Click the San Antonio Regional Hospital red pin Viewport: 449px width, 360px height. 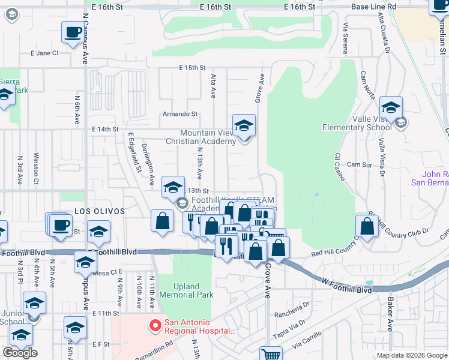[155, 326]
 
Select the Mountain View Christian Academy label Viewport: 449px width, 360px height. [208, 137]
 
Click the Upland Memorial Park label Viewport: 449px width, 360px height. [187, 290]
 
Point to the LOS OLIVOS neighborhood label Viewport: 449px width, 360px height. [100, 212]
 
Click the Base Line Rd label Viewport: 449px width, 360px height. [374, 7]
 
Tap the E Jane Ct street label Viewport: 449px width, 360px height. [45, 53]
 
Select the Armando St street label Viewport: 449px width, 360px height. [181, 113]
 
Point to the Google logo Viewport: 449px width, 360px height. [20, 353]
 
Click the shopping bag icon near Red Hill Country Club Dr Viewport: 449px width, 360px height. [367, 226]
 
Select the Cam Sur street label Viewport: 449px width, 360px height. [360, 164]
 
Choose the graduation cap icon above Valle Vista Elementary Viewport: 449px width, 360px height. [391, 107]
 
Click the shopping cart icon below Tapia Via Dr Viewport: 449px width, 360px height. [271, 354]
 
